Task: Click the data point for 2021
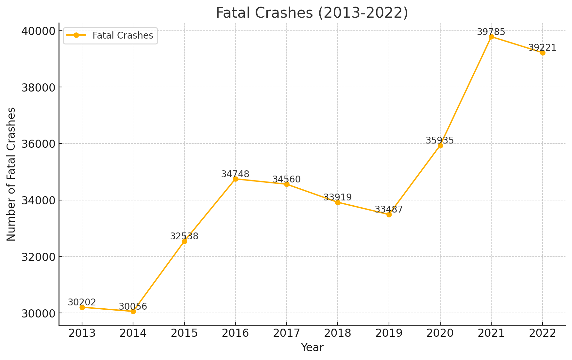coord(491,37)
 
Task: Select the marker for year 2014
coord(133,311)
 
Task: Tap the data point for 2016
coord(235,179)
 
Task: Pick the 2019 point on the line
coord(389,214)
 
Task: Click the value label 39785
coord(491,32)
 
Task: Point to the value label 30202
coord(82,302)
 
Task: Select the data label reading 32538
coord(184,236)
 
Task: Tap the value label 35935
coord(440,140)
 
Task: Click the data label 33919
coord(337,197)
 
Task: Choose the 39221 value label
coord(542,48)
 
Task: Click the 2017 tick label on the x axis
coord(287,333)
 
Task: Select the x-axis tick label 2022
coord(543,333)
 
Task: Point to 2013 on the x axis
coord(82,333)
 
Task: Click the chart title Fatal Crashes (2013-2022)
coord(312,13)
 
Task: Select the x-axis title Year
coord(312,348)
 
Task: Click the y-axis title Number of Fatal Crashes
coord(11,174)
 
